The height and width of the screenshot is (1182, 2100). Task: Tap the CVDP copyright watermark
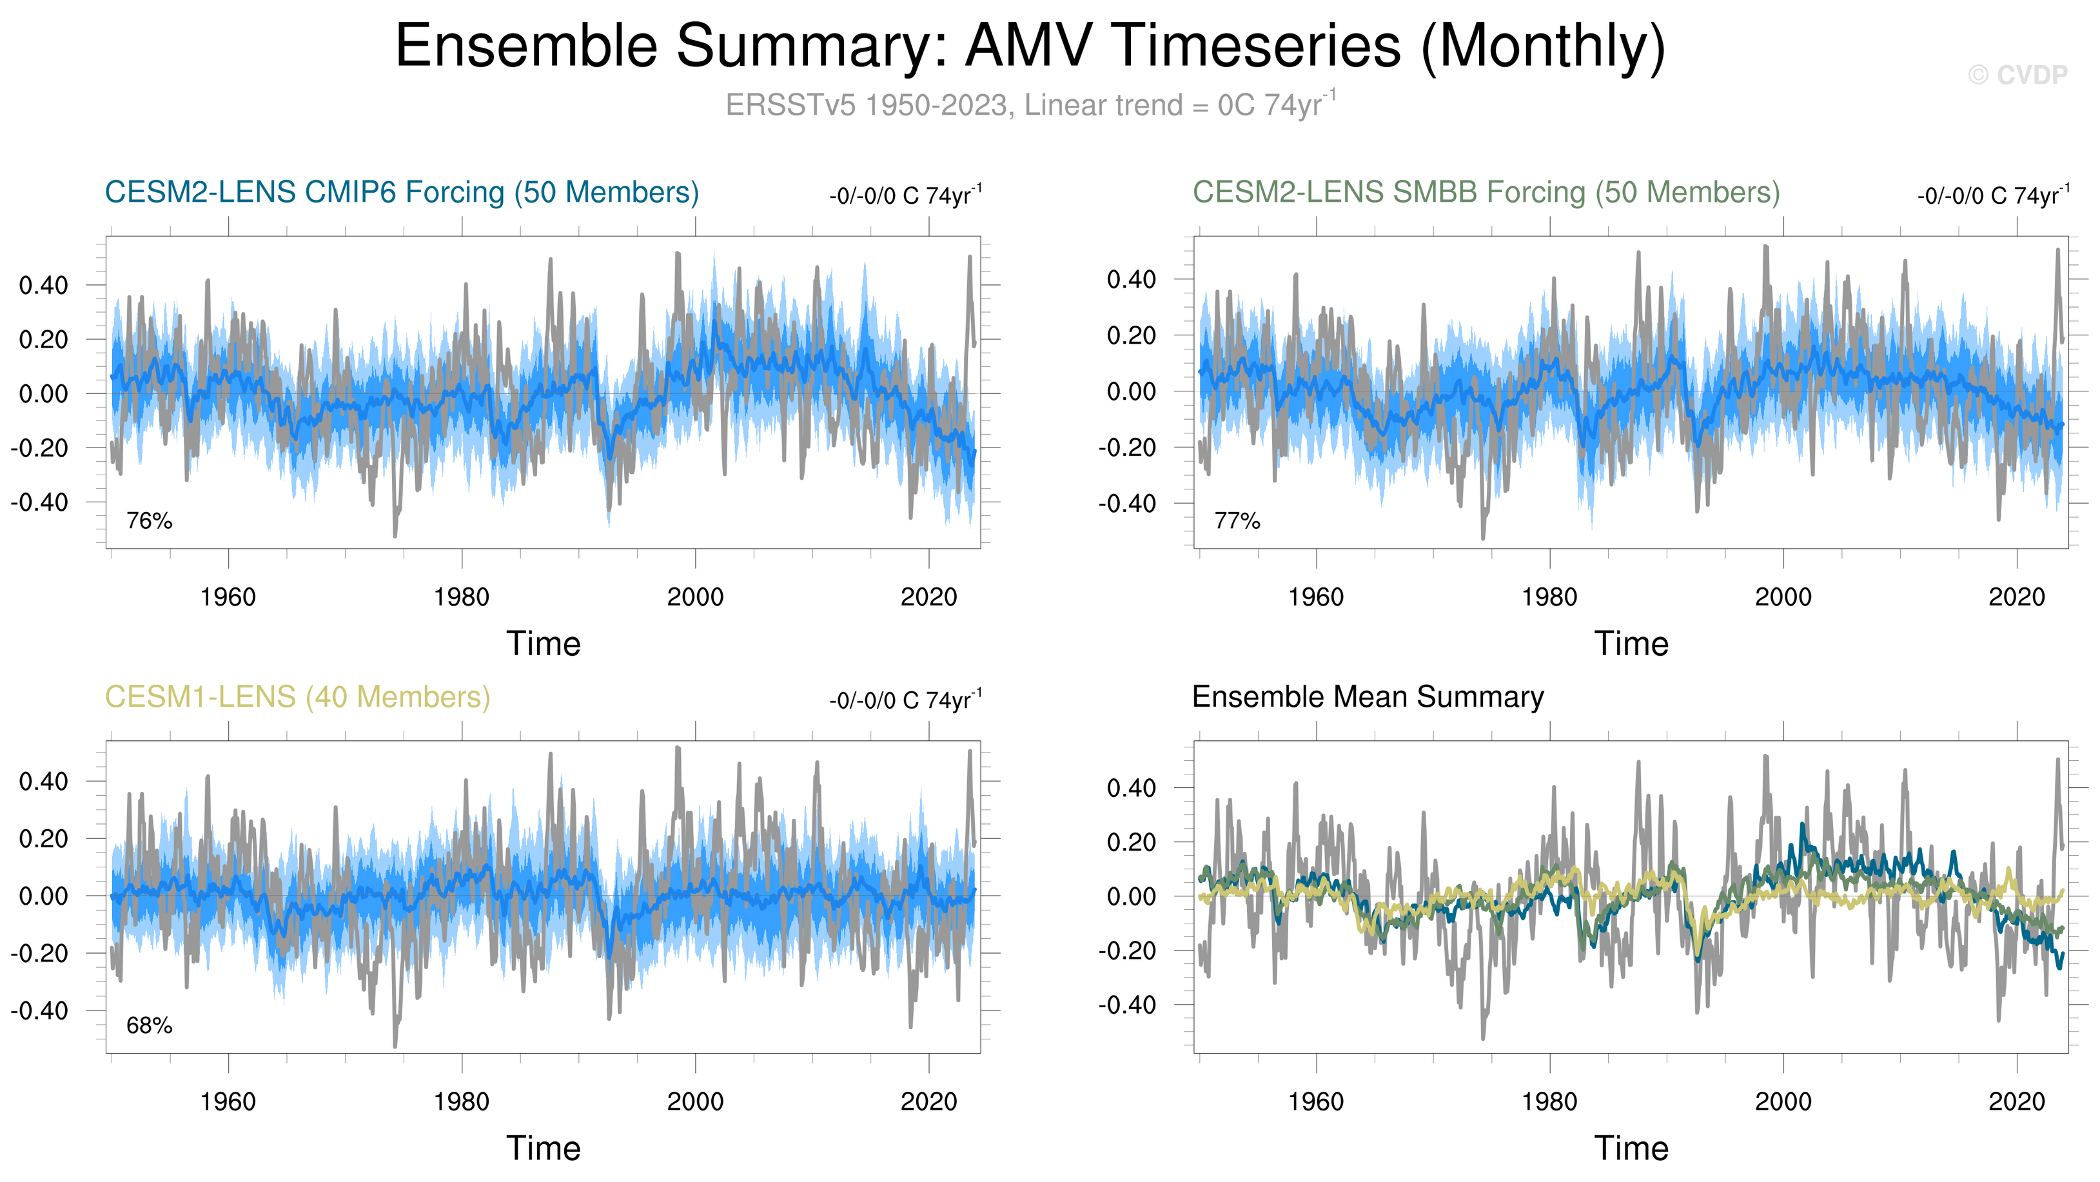coord(2017,75)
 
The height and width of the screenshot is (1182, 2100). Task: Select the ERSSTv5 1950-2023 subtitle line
coord(1030,105)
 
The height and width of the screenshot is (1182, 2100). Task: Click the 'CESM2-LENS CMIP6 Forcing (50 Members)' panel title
coord(402,192)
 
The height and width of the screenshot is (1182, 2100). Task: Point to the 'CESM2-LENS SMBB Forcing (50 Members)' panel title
coord(1486,192)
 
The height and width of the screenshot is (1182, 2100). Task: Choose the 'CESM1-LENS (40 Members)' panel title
coord(297,697)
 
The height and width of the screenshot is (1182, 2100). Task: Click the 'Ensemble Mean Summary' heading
coord(1367,697)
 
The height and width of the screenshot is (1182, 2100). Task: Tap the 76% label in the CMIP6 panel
coord(149,520)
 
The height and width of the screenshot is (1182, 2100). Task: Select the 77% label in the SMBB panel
coord(1237,520)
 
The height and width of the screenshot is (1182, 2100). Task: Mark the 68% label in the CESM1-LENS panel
coord(149,1025)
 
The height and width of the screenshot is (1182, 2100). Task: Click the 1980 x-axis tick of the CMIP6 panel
coord(462,596)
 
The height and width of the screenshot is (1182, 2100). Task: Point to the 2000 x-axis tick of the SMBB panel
coord(1783,596)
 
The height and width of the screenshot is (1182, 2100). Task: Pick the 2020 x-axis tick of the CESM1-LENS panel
coord(928,1101)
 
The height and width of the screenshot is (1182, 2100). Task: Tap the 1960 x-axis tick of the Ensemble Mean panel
coord(1316,1101)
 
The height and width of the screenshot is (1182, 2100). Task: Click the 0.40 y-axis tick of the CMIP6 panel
coord(44,285)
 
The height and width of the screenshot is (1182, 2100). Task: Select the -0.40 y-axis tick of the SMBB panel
coord(1126,504)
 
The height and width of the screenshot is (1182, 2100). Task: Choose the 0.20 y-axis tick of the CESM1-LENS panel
coord(44,839)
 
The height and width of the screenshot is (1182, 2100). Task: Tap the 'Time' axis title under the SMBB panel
coord(1631,644)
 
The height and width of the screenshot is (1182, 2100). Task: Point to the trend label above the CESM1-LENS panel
coord(905,700)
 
